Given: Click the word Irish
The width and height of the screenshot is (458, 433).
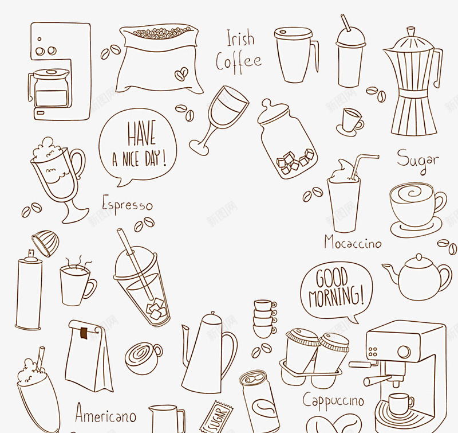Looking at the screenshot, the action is pos(240,38).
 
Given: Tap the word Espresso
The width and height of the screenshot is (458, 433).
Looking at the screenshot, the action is pos(127,204).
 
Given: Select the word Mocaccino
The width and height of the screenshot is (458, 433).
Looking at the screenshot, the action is pos(353,242).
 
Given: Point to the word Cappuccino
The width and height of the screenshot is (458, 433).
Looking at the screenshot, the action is pos(333,400).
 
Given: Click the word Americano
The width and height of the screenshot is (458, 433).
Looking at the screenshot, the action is pos(105,412).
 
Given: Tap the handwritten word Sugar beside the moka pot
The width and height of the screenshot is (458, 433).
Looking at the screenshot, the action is pos(418,160).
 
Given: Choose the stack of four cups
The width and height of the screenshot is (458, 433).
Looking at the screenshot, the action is pos(264,319).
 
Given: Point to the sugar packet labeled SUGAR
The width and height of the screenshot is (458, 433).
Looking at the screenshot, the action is pos(217,418).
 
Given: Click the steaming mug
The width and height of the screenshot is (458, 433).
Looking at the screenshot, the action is pos(77,282).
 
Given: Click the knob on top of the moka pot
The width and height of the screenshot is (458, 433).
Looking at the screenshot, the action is pos(411,31).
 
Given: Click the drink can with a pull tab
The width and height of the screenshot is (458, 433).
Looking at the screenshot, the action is pos(259,401).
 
